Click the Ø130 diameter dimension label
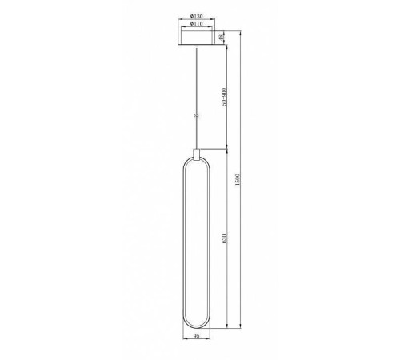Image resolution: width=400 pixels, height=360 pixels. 197,18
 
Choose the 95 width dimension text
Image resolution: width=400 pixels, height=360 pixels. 197,338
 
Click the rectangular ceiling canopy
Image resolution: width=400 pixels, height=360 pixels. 197,38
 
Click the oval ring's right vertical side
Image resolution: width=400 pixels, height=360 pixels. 211,240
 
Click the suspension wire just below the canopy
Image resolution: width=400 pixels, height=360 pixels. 197,60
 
